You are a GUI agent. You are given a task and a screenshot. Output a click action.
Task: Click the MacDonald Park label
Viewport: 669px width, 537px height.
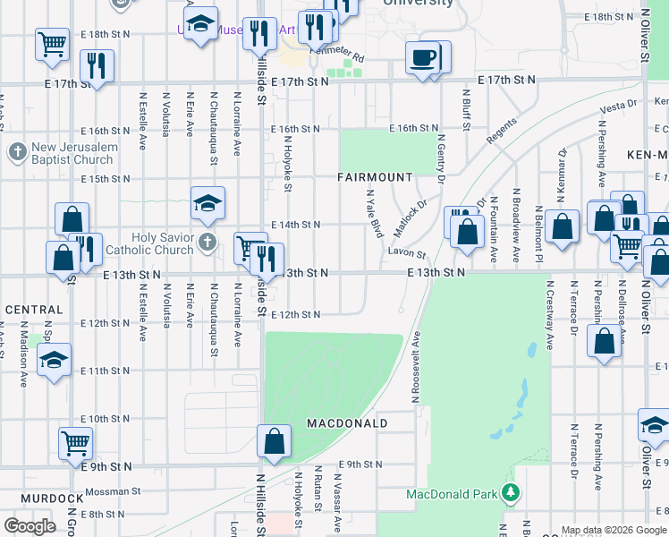[x=451, y=494]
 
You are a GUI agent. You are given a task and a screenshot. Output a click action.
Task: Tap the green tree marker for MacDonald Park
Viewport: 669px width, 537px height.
[x=511, y=493]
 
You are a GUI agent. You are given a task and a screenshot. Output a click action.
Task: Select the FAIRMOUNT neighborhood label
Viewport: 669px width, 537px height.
[x=375, y=177]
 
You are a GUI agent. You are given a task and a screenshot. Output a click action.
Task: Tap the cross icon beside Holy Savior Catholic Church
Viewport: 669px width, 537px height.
[x=207, y=242]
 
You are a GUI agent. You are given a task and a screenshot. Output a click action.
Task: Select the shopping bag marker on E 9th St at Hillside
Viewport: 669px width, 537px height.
[x=274, y=441]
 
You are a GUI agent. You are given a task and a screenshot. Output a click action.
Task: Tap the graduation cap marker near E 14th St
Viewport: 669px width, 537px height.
[x=207, y=204]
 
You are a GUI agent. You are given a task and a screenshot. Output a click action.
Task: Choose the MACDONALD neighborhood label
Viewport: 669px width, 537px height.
[x=347, y=422]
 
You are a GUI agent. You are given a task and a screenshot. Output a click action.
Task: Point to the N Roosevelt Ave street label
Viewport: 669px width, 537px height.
[x=416, y=369]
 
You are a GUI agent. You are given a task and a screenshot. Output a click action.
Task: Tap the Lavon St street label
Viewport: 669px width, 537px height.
[x=407, y=252]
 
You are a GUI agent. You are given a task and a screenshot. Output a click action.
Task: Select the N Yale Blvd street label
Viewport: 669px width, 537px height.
[x=375, y=213]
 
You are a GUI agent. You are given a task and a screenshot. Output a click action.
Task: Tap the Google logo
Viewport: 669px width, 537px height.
[x=30, y=526]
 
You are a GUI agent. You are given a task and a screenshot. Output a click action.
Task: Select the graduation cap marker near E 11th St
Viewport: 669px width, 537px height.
[x=54, y=362]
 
